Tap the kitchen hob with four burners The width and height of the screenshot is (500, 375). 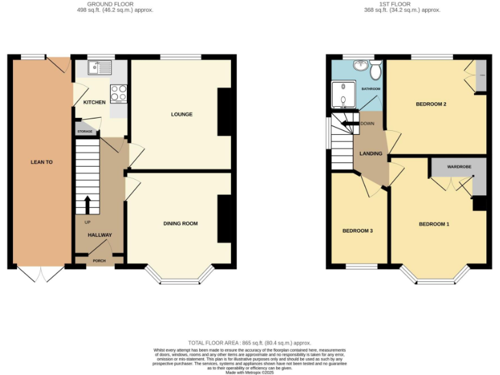[x=118, y=93]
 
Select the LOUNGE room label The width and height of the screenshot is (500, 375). [x=182, y=115]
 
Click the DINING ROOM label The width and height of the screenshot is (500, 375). [x=180, y=223]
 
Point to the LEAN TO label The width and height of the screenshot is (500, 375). [x=41, y=161]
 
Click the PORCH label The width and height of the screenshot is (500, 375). [x=99, y=261]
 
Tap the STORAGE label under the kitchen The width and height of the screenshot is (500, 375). [x=85, y=132]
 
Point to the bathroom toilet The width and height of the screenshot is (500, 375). [x=375, y=67]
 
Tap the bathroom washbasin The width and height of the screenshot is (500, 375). [x=359, y=66]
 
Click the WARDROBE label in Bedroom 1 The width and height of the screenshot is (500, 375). [x=458, y=167]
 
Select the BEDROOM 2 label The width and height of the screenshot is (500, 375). [x=431, y=104]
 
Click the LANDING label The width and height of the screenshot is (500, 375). [x=370, y=154]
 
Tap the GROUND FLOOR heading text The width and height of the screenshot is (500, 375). [x=111, y=4]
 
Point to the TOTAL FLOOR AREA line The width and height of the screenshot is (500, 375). [x=249, y=342]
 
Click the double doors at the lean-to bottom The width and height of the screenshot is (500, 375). [x=40, y=274]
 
